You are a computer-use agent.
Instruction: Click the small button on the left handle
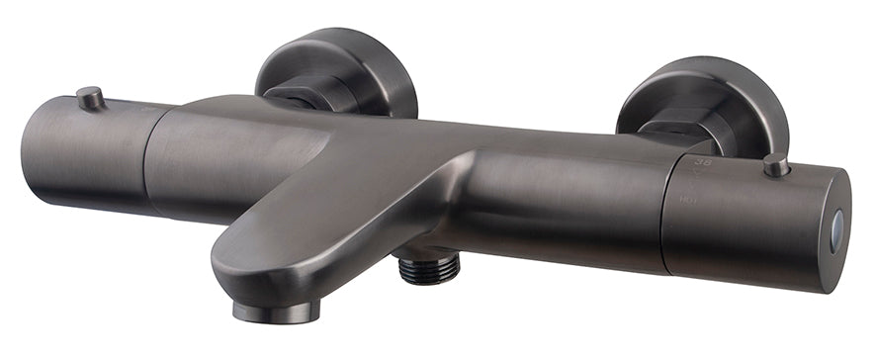coord(91,97)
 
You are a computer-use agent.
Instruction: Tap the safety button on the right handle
coord(776,165)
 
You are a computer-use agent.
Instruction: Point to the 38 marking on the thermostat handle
coord(705,160)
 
